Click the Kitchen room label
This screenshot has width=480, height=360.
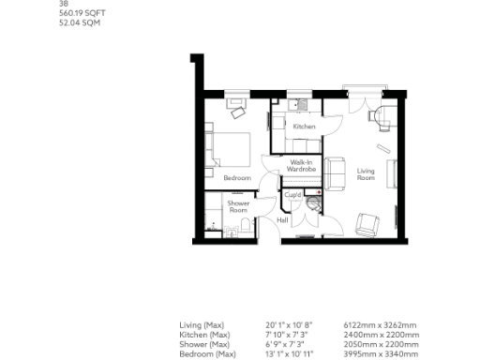304,127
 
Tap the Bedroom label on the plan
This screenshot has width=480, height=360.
236,177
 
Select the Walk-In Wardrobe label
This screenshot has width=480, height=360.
301,165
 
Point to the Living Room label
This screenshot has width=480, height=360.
367,173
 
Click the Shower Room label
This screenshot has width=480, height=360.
238,207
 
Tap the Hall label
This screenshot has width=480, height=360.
281,220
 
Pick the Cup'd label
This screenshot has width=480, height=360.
292,195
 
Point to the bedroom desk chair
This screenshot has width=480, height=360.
237,112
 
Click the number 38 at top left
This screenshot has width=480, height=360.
63,5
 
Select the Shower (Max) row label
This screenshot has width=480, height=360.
202,344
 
